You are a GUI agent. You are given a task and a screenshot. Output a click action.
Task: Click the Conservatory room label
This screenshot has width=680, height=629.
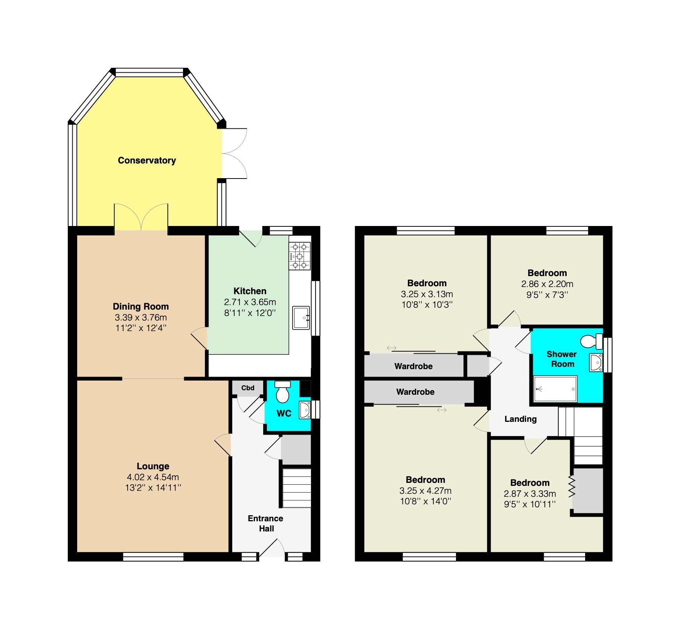[x=147, y=160]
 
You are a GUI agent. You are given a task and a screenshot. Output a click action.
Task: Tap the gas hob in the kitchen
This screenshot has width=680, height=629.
[x=300, y=256]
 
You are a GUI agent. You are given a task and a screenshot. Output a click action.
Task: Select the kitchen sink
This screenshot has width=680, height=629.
[x=301, y=318]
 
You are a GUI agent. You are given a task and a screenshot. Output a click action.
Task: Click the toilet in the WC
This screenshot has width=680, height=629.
[x=282, y=392]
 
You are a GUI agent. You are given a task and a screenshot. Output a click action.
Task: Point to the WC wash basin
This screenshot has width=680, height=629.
[x=305, y=410]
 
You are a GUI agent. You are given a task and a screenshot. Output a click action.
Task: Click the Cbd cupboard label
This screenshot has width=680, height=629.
[x=248, y=388]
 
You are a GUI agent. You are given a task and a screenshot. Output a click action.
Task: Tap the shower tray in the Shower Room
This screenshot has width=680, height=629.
[x=555, y=389]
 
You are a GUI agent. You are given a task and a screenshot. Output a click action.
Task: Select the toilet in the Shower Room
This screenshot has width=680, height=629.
[x=591, y=341]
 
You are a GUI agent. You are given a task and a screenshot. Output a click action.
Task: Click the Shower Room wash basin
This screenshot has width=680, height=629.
[x=596, y=363]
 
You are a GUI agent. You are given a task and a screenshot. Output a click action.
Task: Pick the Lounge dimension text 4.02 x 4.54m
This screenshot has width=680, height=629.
[x=153, y=477]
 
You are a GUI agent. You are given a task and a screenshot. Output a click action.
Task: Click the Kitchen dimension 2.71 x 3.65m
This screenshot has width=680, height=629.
[x=250, y=302]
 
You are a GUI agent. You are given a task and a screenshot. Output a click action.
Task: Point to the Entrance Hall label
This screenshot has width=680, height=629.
[x=266, y=524]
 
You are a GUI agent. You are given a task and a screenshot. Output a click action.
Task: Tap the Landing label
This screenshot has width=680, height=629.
[x=520, y=419]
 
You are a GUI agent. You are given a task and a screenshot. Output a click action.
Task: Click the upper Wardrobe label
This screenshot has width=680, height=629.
[x=413, y=366]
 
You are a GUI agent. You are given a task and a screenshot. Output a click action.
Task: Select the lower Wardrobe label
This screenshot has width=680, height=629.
[x=415, y=392]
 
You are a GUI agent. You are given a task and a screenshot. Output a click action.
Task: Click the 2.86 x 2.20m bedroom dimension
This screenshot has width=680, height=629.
[x=547, y=284]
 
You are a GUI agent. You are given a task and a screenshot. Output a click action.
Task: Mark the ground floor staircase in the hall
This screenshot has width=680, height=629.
[x=297, y=488]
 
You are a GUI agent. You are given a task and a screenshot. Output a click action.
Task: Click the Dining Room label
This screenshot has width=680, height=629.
[x=141, y=307]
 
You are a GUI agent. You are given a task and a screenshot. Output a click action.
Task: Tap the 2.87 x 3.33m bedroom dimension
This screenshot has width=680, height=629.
[x=530, y=494]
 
